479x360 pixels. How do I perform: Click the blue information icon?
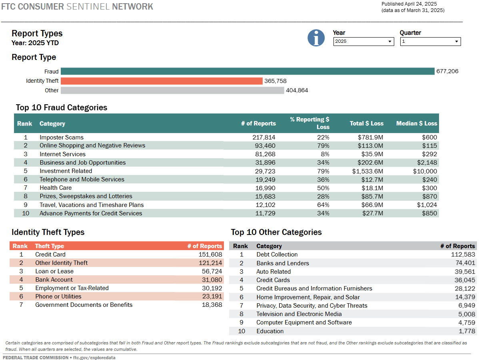click(316, 38)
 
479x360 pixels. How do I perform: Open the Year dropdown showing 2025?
click(363, 42)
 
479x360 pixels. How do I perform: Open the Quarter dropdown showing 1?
click(430, 42)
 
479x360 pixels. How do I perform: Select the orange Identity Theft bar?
click(162, 81)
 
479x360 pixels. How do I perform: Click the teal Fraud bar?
click(247, 72)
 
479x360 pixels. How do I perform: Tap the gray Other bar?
click(172, 90)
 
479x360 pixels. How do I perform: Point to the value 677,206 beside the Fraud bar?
click(447, 72)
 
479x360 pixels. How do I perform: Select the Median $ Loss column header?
click(417, 123)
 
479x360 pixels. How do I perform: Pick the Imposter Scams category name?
click(62, 137)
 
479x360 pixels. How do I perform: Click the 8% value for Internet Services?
click(325, 154)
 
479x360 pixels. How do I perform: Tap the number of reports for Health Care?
click(265, 188)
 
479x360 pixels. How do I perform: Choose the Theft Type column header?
click(50, 246)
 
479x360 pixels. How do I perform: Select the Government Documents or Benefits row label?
click(84, 305)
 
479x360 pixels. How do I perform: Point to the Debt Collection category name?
click(277, 255)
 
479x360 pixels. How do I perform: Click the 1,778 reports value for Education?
click(467, 331)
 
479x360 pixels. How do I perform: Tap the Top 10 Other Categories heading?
click(276, 232)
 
